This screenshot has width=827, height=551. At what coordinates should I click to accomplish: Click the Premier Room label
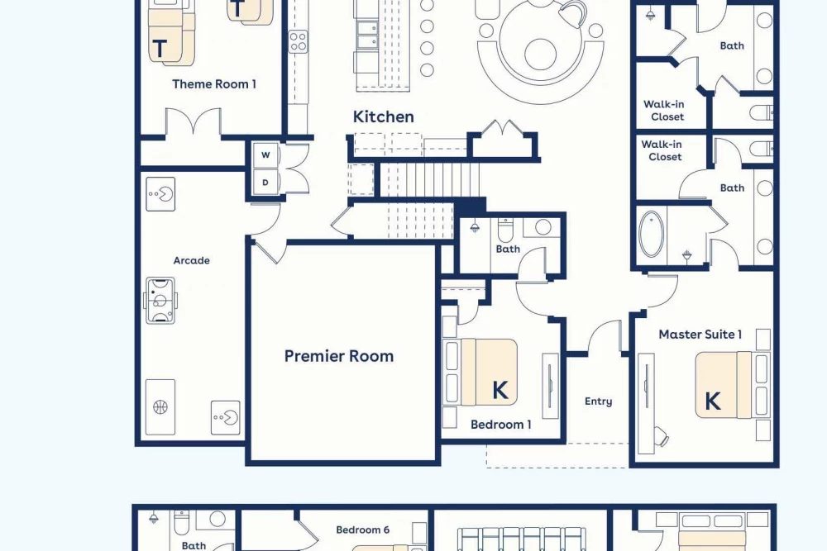(338, 356)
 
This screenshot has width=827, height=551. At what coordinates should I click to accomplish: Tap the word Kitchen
(384, 117)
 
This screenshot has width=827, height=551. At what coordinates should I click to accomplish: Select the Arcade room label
(192, 260)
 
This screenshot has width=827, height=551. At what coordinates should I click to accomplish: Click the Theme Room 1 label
(214, 83)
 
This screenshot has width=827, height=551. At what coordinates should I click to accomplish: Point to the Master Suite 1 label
(700, 334)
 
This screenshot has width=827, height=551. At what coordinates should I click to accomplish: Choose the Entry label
(598, 401)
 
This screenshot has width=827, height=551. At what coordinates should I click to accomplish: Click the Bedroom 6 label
(362, 530)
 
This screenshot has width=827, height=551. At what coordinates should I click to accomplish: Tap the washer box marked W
(265, 154)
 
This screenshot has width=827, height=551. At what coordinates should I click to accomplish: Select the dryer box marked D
(265, 183)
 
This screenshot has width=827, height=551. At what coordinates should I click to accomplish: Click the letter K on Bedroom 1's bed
(500, 391)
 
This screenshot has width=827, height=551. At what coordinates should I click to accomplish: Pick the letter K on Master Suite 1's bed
(713, 401)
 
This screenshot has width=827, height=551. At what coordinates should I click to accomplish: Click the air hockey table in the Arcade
(160, 301)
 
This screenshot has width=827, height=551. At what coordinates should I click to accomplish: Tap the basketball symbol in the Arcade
(160, 406)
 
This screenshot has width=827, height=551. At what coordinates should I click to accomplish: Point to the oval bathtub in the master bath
(652, 235)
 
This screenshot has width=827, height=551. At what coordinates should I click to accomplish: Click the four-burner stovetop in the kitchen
(298, 41)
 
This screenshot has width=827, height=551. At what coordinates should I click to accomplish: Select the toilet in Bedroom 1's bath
(504, 229)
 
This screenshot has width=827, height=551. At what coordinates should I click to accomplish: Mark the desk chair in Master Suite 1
(660, 436)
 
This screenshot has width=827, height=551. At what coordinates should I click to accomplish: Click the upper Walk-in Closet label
(665, 111)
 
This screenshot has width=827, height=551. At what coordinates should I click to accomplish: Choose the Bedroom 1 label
(500, 425)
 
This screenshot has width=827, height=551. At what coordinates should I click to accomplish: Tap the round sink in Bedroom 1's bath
(543, 227)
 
